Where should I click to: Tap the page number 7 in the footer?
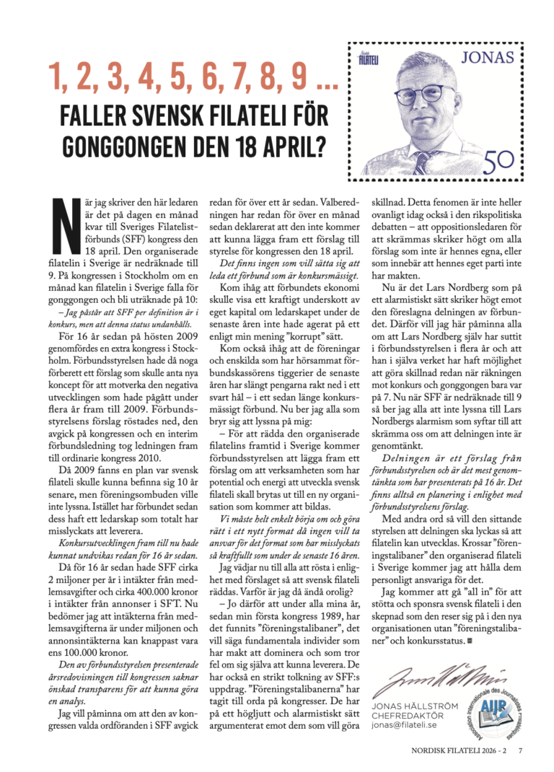pos(520,751)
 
